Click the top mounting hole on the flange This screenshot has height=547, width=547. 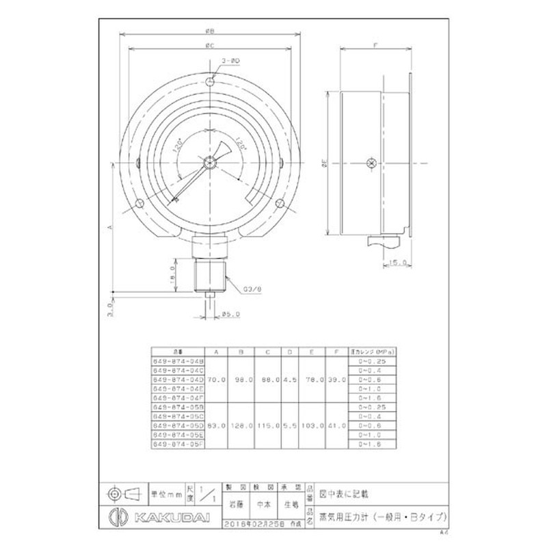coord(212,83)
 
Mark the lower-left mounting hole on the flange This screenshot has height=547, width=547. coord(141,203)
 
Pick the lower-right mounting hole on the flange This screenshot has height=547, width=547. coord(280,203)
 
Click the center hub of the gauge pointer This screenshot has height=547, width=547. coord(211,163)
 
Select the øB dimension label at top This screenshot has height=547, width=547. coord(211,31)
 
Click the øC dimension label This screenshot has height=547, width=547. coord(211,46)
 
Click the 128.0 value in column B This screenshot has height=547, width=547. coord(242,425)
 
